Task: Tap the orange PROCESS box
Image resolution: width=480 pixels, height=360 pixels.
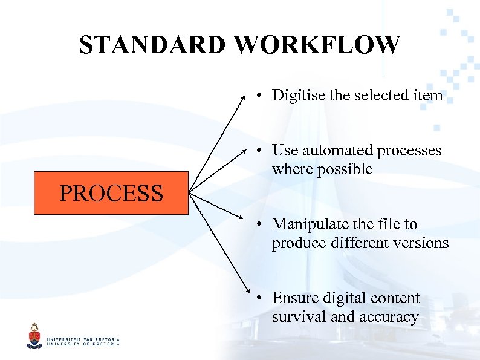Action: [x=111, y=193]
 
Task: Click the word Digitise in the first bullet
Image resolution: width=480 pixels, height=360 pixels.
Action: [x=296, y=96]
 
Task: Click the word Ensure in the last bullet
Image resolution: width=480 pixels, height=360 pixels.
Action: [x=294, y=298]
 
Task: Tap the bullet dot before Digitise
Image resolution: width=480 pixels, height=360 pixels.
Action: [x=258, y=96]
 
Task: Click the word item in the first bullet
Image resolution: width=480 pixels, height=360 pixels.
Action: [x=430, y=96]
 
